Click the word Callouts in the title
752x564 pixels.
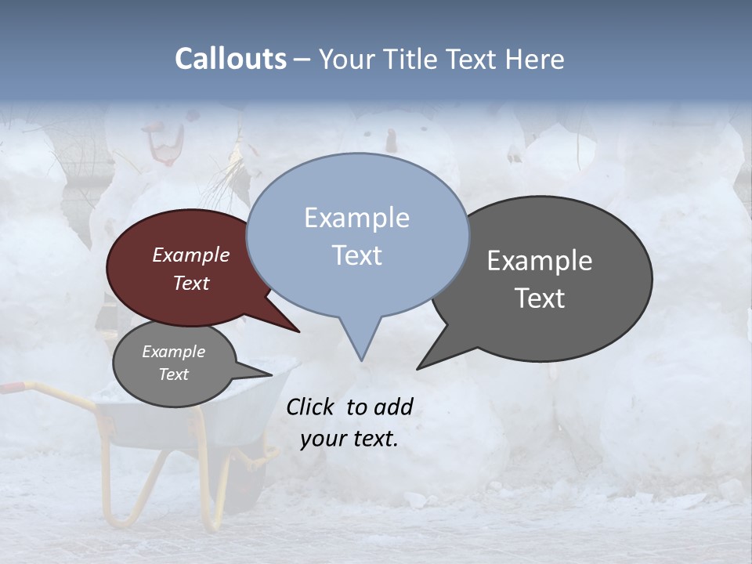[x=230, y=59]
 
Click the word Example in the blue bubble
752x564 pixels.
[x=356, y=218]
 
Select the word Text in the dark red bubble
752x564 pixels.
[x=191, y=283]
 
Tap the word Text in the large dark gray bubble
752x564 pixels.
[x=540, y=298]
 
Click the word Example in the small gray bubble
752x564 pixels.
[x=174, y=352]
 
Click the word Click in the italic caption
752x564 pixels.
[x=312, y=407]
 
